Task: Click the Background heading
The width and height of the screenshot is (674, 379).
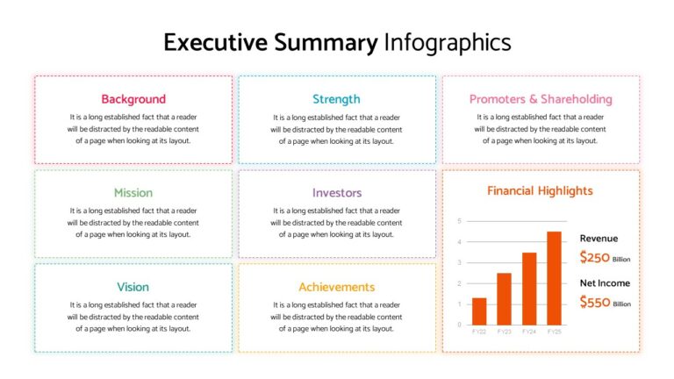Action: (133, 99)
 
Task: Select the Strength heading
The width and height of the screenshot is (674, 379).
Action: (336, 99)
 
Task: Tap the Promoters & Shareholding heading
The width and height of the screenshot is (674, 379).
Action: (541, 99)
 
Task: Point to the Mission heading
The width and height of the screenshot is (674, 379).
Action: (133, 193)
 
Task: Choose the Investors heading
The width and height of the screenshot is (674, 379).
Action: (336, 193)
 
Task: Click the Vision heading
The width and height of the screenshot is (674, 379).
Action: (133, 287)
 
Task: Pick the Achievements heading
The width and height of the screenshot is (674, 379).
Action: (336, 287)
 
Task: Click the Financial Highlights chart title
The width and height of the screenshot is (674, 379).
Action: (540, 190)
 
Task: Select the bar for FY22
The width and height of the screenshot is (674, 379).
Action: (479, 311)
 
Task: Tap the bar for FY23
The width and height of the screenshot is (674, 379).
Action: (504, 299)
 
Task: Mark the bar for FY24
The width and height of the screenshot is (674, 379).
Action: (529, 289)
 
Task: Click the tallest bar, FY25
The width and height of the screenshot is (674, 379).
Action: (554, 278)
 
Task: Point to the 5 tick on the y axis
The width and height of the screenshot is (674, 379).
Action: (459, 221)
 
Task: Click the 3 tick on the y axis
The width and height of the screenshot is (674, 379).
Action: (459, 262)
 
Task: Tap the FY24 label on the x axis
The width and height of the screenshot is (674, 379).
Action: (529, 333)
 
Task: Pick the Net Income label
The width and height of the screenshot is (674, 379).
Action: (605, 282)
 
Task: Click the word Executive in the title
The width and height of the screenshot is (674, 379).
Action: (215, 42)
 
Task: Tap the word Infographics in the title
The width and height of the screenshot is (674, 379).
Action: (448, 42)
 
